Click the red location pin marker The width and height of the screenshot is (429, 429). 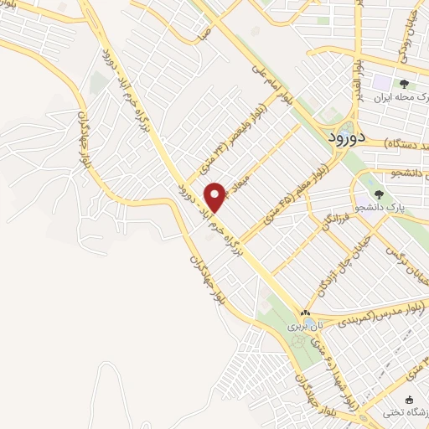pos(215,196)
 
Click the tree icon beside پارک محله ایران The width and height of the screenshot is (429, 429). pos(403,84)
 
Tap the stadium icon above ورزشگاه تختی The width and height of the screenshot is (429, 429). pos(410,400)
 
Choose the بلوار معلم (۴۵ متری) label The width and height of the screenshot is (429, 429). pos(298,194)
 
